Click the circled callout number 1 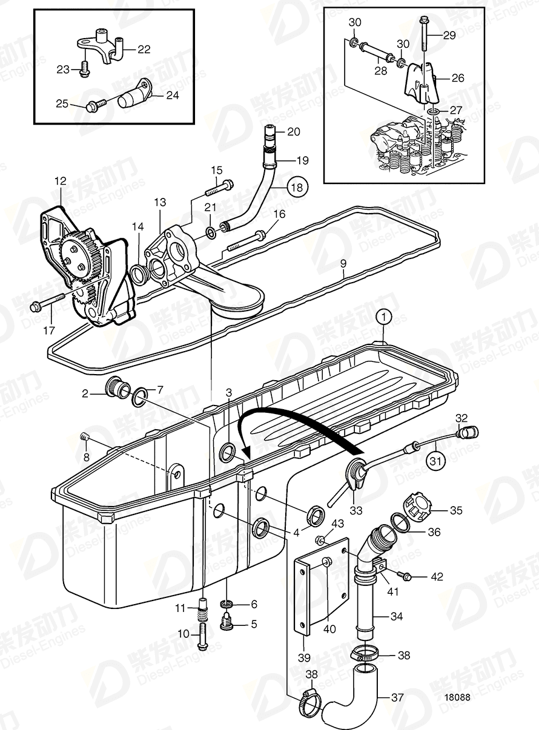click(x=383, y=315)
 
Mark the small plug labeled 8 click(x=84, y=436)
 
